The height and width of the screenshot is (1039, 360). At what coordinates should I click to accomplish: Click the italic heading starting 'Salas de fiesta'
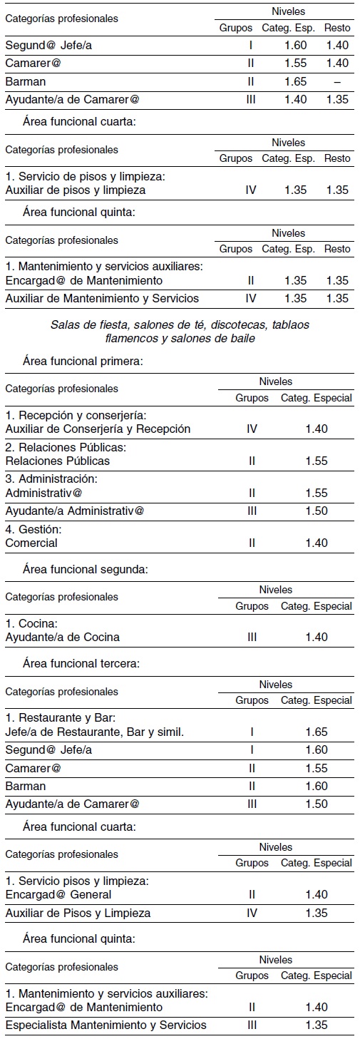pyautogui.click(x=180, y=331)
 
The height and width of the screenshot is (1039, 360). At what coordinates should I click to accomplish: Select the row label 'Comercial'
pyautogui.click(x=31, y=543)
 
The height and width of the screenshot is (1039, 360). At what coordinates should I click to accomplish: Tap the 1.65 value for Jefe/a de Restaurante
pyautogui.click(x=316, y=732)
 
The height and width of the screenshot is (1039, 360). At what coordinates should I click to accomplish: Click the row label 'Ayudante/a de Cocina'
pyautogui.click(x=62, y=637)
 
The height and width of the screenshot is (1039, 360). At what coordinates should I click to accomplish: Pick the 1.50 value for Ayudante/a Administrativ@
pyautogui.click(x=316, y=511)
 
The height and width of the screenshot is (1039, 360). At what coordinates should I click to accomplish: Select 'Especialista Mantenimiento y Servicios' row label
pyautogui.click(x=106, y=1025)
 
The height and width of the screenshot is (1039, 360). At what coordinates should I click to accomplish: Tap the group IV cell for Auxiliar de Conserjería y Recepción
pyautogui.click(x=252, y=429)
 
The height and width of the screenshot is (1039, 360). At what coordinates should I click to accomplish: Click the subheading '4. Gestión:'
pyautogui.click(x=31, y=529)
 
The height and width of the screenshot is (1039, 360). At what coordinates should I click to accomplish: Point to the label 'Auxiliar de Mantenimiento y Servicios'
pyautogui.click(x=102, y=298)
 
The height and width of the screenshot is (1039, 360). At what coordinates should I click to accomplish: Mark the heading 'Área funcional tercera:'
pyautogui.click(x=81, y=663)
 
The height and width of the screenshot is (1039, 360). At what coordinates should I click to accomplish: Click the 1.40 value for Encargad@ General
pyautogui.click(x=316, y=894)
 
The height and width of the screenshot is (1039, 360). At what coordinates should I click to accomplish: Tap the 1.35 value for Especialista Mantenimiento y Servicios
pyautogui.click(x=316, y=1025)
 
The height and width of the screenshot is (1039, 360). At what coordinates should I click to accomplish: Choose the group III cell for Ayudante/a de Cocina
pyautogui.click(x=252, y=637)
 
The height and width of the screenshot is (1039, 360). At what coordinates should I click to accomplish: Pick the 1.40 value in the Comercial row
pyautogui.click(x=316, y=543)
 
